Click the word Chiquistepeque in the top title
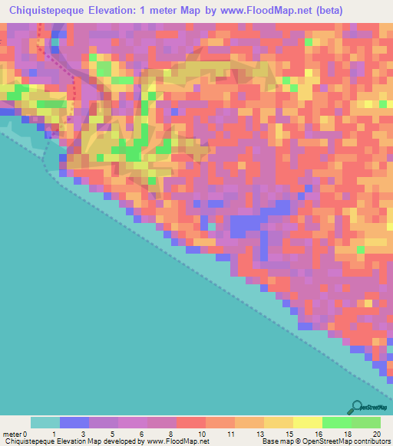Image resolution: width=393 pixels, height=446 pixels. pos(52,10)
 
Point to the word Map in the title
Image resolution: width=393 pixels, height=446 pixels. pos(203,10)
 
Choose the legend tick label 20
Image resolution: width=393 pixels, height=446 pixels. pos(375,433)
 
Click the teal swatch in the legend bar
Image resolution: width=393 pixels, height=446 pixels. pos(45,422)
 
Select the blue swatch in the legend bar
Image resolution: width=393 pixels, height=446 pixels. pos(74,422)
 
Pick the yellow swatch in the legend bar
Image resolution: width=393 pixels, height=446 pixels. pos(306,422)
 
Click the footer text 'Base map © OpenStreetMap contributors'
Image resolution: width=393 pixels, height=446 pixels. pos(325,441)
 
